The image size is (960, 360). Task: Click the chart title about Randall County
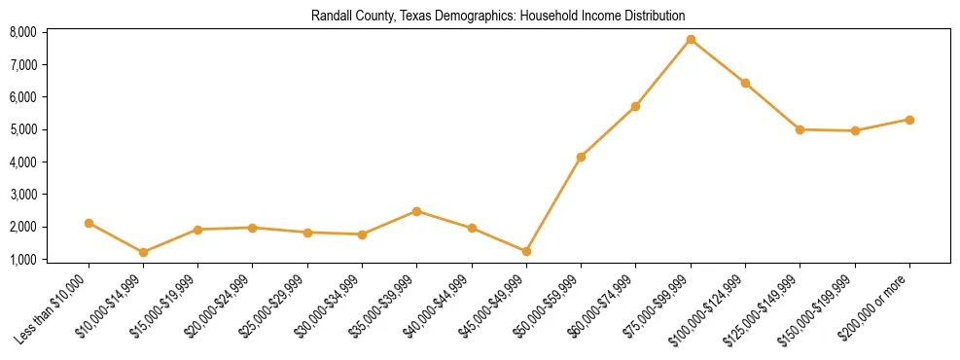coord(498,16)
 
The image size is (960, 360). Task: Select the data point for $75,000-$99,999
coord(691,40)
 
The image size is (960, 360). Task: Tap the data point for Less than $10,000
coord(89,223)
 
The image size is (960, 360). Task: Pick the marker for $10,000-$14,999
coord(143,252)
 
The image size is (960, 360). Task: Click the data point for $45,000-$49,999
coord(526,251)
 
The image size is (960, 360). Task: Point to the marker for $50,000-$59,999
coord(581,157)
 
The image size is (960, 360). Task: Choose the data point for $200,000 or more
coord(909,120)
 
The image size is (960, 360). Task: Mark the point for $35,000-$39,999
coord(416,211)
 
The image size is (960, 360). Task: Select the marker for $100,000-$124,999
coord(745,84)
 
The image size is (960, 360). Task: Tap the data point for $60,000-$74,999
coord(635,106)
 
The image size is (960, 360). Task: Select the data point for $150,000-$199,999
coord(855,130)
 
